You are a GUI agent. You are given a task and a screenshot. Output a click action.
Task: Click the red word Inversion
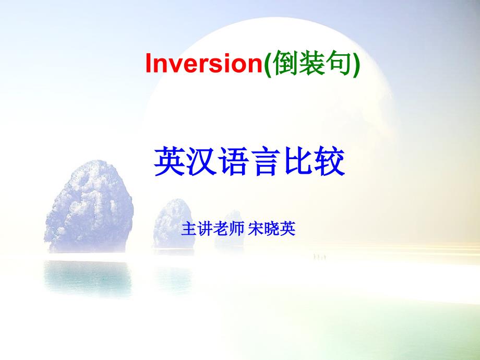(x=204, y=63)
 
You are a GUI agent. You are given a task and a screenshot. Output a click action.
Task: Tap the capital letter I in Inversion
(x=149, y=63)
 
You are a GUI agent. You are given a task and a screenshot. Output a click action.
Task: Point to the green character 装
(x=311, y=63)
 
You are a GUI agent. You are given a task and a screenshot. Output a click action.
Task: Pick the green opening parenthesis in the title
(x=267, y=64)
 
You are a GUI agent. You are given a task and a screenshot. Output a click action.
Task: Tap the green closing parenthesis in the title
(x=356, y=64)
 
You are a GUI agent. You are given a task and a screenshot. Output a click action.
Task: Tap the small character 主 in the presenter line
(x=188, y=229)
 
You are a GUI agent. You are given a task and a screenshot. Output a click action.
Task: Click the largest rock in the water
(x=89, y=207)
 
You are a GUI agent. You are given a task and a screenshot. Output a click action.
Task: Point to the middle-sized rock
(x=174, y=224)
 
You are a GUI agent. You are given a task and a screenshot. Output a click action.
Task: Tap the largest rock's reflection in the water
(x=88, y=277)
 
